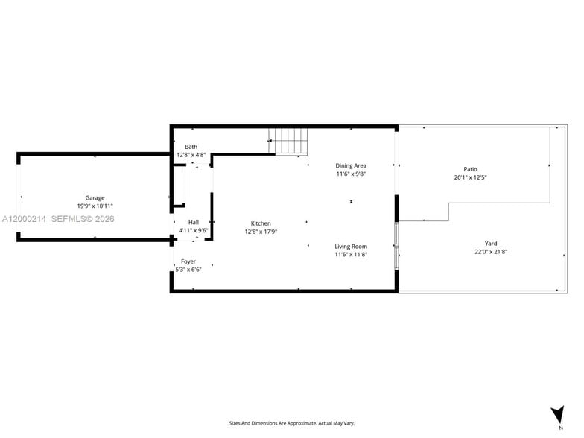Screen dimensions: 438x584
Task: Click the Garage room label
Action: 95,197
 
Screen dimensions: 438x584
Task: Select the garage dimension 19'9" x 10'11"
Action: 95,206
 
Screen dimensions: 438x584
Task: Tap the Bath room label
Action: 191,147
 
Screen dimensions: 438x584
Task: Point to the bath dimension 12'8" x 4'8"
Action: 191,155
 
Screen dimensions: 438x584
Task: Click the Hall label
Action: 194,222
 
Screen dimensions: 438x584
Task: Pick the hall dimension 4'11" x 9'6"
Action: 194,230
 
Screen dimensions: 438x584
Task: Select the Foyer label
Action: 188,261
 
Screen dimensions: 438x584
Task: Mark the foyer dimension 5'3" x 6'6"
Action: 188,270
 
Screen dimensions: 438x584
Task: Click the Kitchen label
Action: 261,223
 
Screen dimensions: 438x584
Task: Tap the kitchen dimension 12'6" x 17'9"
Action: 261,232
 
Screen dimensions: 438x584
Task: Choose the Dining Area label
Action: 351,165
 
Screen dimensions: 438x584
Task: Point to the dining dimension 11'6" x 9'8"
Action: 351,174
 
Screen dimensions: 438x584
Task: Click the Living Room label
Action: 351,246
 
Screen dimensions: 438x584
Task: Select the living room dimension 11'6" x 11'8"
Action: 351,254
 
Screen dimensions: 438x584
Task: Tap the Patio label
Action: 470,169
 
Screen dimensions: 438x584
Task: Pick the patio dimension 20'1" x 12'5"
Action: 470,177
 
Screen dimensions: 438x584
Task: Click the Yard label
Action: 491,243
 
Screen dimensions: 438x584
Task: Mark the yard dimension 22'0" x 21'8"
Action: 491,252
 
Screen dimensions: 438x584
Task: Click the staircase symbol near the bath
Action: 288,140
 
